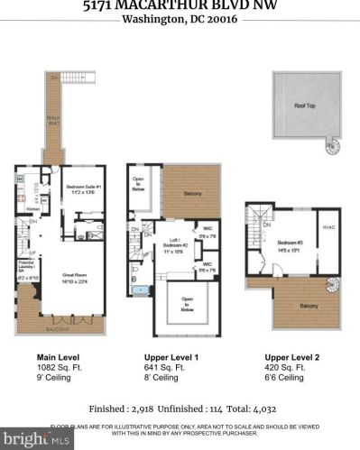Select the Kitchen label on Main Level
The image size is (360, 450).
(32, 208)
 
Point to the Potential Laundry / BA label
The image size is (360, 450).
(26, 268)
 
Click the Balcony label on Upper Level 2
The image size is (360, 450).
(309, 307)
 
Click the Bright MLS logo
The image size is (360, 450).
(27, 439)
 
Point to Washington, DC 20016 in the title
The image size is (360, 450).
(180, 19)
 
